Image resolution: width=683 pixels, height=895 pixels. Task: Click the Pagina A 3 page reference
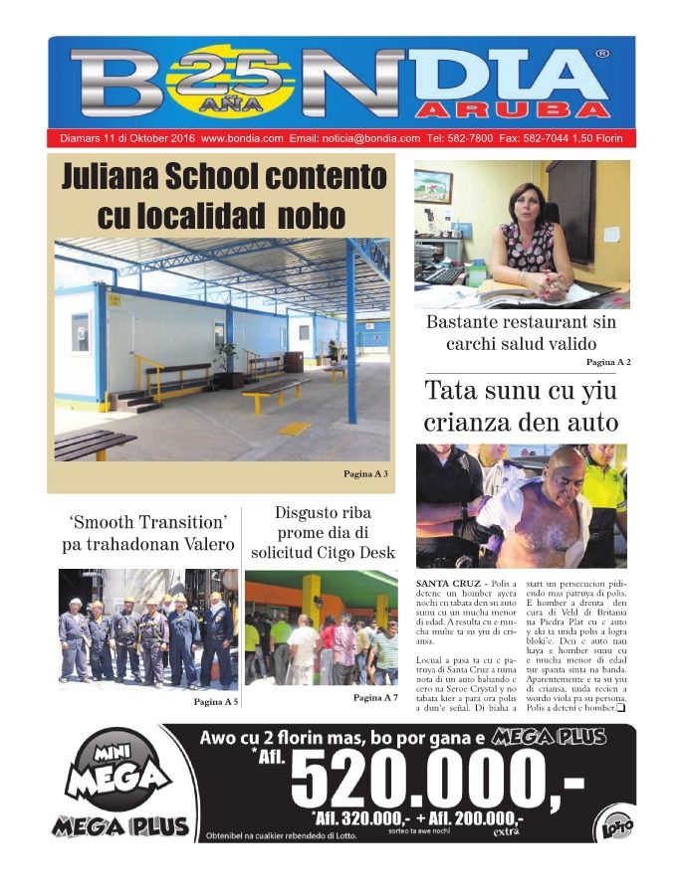365,473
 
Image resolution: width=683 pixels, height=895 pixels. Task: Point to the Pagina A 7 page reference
375,697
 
